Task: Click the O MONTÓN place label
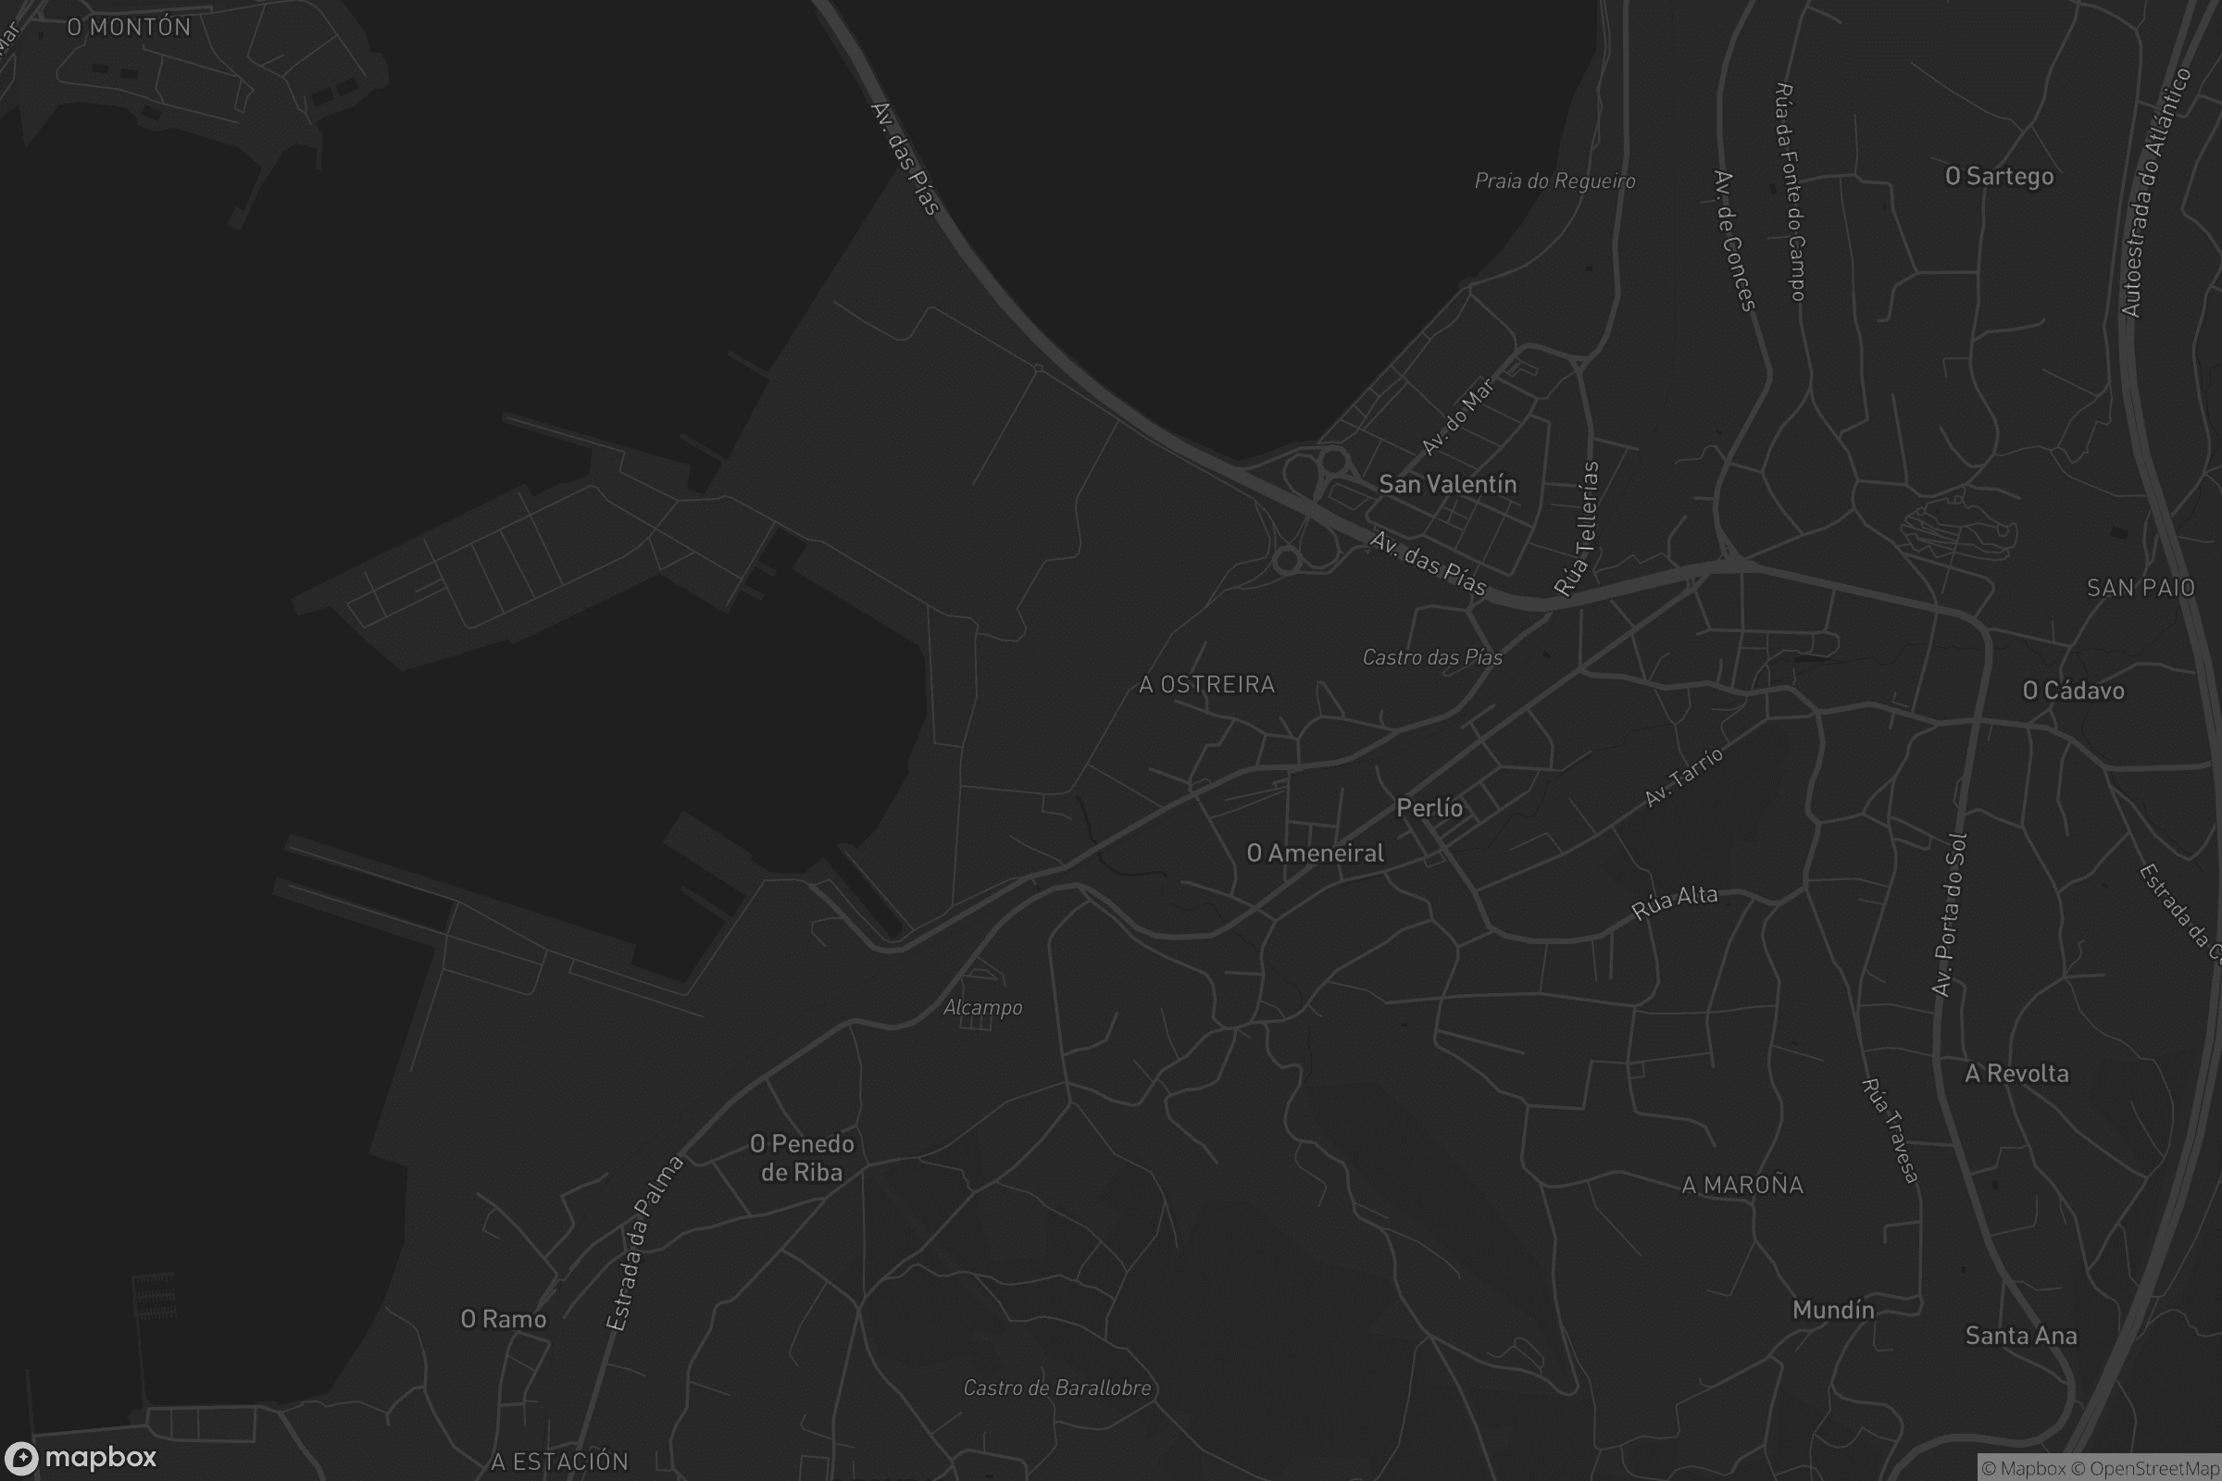click(129, 28)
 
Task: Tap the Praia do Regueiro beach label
click(1554, 180)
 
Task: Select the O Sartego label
click(1999, 177)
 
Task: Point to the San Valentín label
click(1447, 484)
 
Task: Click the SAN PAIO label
click(2140, 588)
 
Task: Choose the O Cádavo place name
click(2073, 691)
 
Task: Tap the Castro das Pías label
click(1431, 657)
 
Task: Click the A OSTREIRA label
click(1206, 684)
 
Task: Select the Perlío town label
click(1429, 807)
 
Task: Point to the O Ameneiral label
click(1315, 853)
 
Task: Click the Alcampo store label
click(982, 1008)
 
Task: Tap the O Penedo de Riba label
click(801, 1158)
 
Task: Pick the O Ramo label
click(504, 1318)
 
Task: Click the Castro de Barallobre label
click(1057, 1388)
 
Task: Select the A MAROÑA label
click(1742, 1185)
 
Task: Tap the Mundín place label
click(1833, 1309)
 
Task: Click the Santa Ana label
click(2021, 1336)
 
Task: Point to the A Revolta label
click(2016, 1073)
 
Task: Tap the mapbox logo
click(81, 1457)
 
